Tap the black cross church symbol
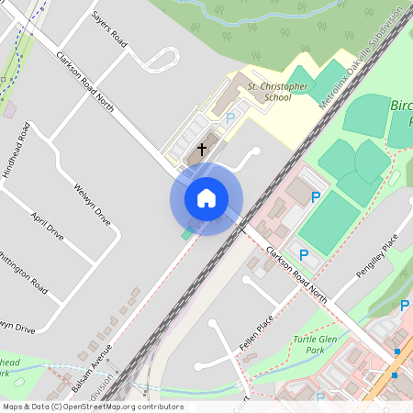[x=202, y=148]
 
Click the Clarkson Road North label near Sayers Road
[x=84, y=82]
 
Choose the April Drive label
[x=48, y=227]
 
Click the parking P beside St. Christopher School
[x=230, y=117]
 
